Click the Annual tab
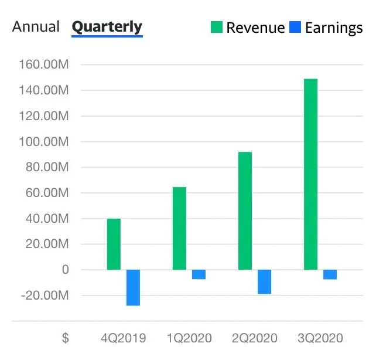click(x=36, y=26)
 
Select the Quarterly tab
click(x=107, y=26)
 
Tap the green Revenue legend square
click(x=217, y=27)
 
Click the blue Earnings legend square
click(x=296, y=27)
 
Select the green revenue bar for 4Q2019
click(x=114, y=244)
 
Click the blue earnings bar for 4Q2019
click(x=133, y=287)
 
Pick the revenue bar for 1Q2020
click(x=179, y=229)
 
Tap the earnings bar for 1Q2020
click(x=199, y=274)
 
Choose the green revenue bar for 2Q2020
click(x=245, y=211)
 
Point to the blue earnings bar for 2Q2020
click(x=264, y=281)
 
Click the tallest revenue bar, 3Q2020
click(x=310, y=174)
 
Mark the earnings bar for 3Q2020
click(x=330, y=274)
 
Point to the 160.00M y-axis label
click(x=45, y=64)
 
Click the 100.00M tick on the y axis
click(x=45, y=142)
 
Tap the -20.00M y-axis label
click(x=45, y=296)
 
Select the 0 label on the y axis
click(x=65, y=270)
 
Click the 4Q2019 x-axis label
click(x=123, y=338)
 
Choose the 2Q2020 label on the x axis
click(x=254, y=338)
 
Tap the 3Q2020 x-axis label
click(x=320, y=338)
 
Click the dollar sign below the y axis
click(x=66, y=338)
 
